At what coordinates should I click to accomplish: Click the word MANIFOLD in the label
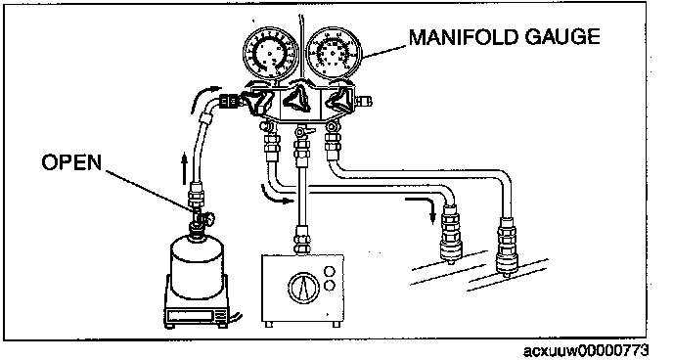tap(463, 37)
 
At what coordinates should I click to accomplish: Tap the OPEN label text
tap(71, 162)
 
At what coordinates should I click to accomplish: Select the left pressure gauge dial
tap(270, 53)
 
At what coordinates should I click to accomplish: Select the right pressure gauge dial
tap(334, 53)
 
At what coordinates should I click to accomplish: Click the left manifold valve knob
tap(258, 102)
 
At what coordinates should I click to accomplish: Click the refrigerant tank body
tap(197, 267)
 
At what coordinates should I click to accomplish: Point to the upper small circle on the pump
tap(330, 272)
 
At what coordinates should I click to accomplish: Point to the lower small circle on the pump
tap(330, 286)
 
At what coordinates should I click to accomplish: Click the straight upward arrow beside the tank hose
tap(184, 169)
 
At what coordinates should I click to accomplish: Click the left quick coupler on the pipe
tap(451, 234)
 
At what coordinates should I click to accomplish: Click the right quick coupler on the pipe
tap(507, 247)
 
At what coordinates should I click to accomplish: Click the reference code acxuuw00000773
tap(585, 350)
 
